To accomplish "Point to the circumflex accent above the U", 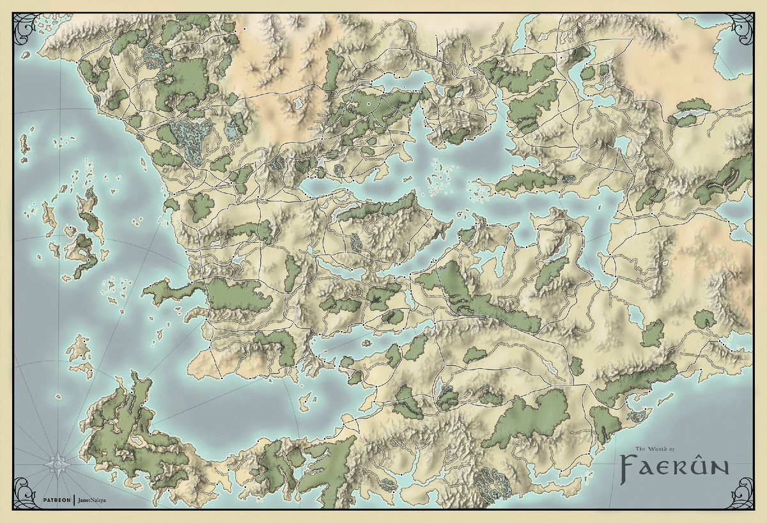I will (700, 455).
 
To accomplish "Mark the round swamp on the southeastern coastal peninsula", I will (637, 416).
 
